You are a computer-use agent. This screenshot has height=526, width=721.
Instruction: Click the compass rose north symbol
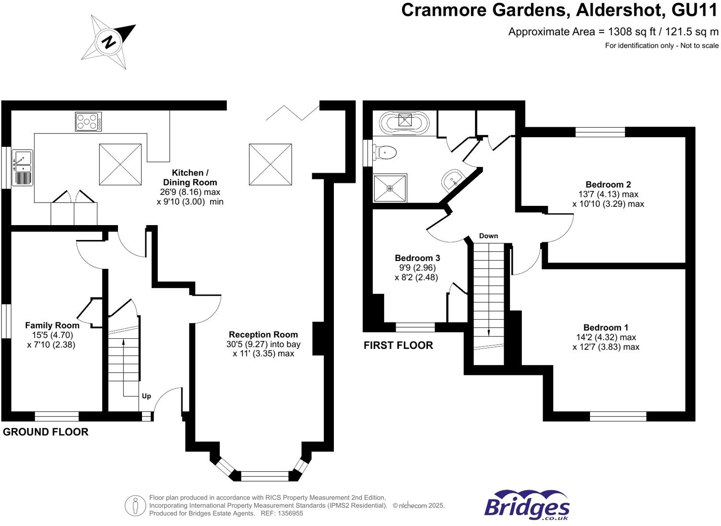109,42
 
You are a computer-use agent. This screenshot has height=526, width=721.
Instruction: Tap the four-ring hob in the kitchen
88,122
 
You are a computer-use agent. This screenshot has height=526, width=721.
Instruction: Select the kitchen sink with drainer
22,167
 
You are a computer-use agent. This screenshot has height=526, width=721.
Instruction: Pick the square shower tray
390,188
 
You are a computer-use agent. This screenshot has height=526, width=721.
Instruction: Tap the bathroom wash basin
452,180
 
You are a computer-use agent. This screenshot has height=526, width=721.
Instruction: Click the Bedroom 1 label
606,328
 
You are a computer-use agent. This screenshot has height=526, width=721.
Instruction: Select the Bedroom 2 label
608,185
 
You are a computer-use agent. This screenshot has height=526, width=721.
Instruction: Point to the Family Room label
52,325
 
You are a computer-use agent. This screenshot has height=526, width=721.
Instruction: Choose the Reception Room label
263,335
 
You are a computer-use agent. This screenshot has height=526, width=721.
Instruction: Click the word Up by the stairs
146,396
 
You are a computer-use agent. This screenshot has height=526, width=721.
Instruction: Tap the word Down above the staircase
488,236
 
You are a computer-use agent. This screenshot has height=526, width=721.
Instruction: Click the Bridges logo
527,505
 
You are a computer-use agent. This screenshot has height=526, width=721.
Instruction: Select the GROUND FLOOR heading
46,432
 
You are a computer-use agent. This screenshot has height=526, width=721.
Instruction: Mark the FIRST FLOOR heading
398,346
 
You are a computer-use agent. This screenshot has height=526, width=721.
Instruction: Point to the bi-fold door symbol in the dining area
293,112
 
